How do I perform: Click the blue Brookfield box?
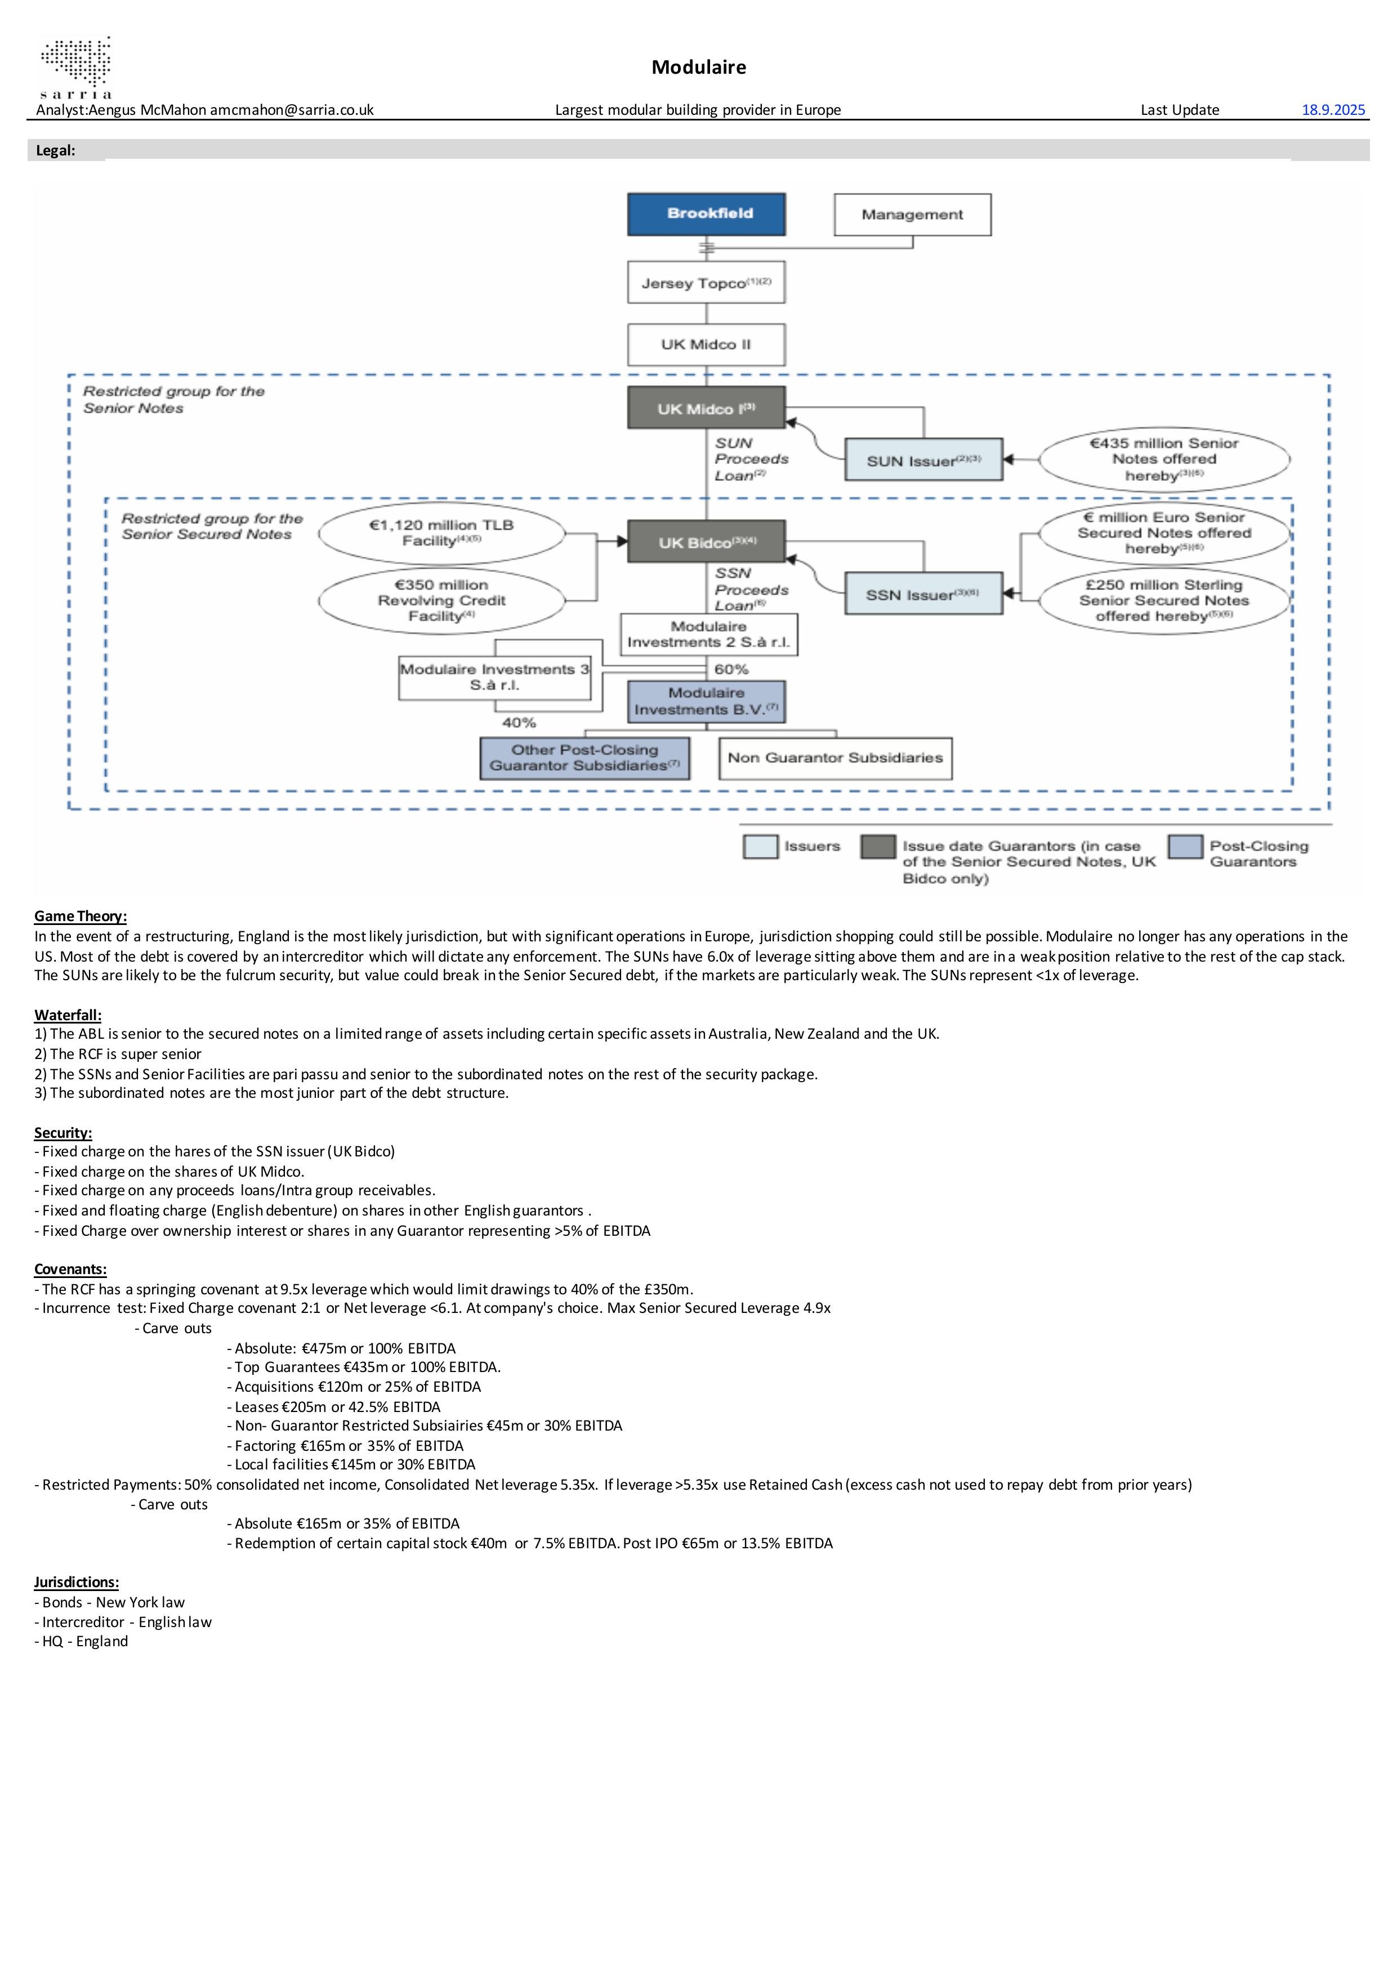coord(706,214)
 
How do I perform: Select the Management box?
coord(912,214)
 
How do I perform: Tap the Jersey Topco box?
coord(706,283)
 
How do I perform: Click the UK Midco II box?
coord(706,344)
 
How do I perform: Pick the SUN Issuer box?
coord(923,460)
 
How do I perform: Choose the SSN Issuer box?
coord(923,593)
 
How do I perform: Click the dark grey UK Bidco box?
coord(706,542)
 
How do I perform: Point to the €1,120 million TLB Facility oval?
coord(441,533)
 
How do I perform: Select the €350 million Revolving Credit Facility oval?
coord(441,600)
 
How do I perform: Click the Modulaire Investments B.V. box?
coord(706,701)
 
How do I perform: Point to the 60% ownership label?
coord(731,669)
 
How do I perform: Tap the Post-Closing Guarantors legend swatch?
coord(1185,846)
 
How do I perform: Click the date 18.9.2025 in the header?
coord(1333,109)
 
